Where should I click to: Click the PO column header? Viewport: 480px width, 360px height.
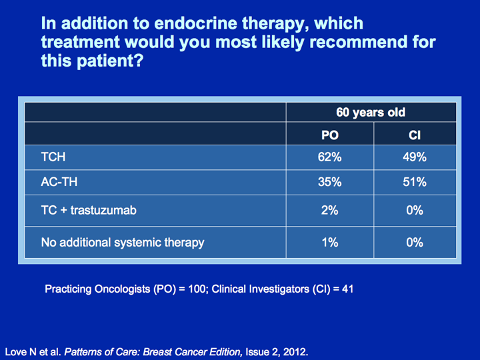330,135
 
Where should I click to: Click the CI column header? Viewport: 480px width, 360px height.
415,135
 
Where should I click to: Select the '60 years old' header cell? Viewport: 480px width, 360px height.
371,113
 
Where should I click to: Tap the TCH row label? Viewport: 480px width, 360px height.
53,157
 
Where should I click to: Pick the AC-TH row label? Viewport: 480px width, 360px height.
59,182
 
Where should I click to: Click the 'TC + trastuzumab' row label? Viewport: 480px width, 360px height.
89,210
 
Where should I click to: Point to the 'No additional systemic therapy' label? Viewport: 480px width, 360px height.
123,243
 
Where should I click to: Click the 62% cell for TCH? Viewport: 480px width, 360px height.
330,157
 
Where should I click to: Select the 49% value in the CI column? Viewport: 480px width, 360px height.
415,157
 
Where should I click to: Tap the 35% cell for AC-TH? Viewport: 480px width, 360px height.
330,182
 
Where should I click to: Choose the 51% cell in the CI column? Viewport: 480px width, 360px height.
415,182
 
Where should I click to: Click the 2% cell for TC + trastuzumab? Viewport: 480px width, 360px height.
330,210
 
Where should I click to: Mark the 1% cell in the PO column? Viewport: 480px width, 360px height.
330,243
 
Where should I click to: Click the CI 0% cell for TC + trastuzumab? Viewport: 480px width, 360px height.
415,210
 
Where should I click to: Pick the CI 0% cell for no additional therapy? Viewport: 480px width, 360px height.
415,243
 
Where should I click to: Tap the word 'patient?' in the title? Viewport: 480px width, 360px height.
110,61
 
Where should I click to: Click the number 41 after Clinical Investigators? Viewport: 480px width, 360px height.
347,289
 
